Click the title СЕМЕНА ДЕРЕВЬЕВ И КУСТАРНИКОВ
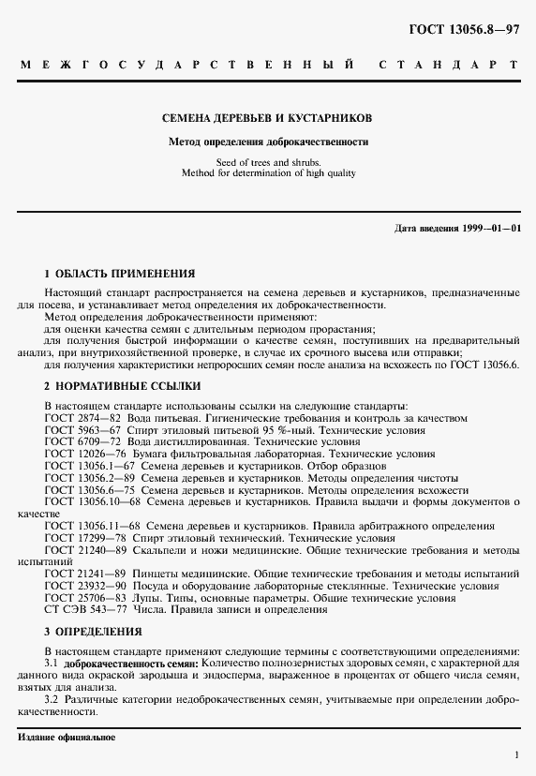[268, 119]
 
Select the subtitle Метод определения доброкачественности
[268, 142]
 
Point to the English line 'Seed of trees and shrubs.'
[268, 162]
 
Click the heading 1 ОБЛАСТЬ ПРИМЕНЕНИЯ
[120, 274]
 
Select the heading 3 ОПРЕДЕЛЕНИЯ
[94, 632]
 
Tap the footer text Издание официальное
[67, 738]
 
